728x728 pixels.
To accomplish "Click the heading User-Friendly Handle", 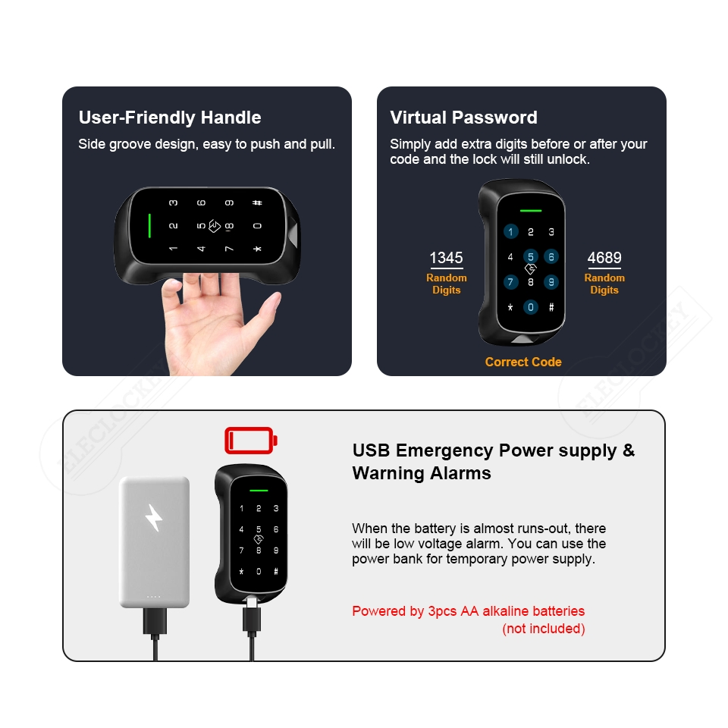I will point(170,118).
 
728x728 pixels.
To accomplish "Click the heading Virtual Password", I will point(463,118).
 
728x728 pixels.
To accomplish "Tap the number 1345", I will point(446,258).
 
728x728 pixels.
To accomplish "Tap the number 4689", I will point(604,258).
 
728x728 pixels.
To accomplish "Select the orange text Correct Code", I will point(523,362).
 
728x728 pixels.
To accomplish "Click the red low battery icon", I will point(251,439).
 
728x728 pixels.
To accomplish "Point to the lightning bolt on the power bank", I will point(154,517).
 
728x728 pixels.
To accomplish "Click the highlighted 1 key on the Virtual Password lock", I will point(510,232).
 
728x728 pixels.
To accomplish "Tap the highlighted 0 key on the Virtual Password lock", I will point(531,307).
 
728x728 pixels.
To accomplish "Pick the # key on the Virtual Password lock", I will point(551,307).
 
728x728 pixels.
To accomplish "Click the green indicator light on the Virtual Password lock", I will point(531,210).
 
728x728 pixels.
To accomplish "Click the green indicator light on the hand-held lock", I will point(149,225).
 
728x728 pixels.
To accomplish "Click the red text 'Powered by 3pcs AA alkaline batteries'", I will point(468,611).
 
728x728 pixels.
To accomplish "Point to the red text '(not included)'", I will point(543,629).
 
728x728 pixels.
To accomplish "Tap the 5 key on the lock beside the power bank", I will point(259,529).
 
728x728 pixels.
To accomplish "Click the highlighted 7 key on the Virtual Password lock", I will point(510,282).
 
